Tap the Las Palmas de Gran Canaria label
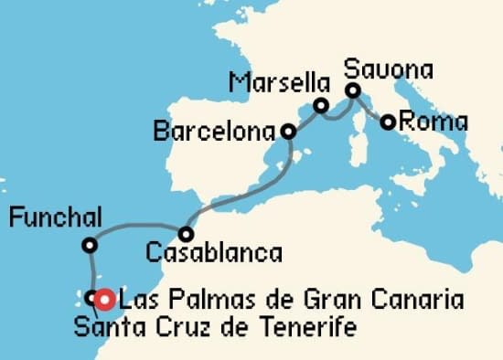point(291,300)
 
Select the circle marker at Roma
point(389,122)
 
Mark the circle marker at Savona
point(353,90)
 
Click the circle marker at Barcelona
point(288,132)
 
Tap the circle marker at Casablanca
point(185,233)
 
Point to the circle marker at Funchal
point(89,245)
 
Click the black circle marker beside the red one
point(91,298)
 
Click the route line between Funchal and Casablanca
point(137,224)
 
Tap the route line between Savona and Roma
point(371,108)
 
